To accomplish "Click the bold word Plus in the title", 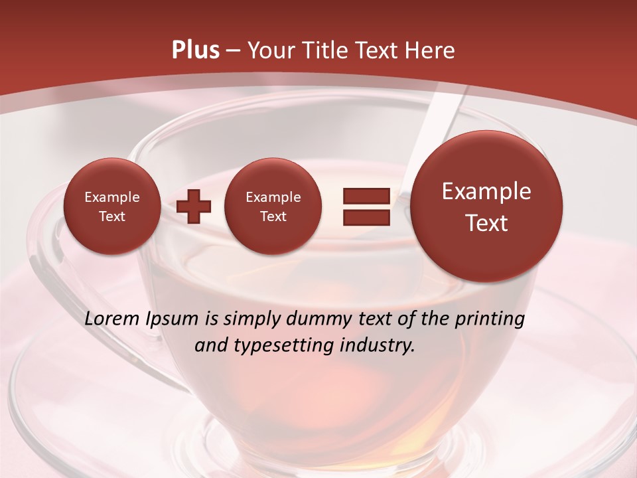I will (195, 50).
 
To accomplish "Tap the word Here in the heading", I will (431, 50).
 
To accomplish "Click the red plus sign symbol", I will (194, 206).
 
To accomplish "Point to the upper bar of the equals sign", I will (366, 196).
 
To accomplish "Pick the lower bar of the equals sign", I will (366, 217).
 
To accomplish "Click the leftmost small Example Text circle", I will (111, 206).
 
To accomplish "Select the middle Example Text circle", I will (273, 206).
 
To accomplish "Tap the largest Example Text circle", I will (486, 206).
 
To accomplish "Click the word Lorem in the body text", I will (113, 319).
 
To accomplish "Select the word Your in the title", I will (271, 50).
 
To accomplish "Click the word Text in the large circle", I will (486, 223).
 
